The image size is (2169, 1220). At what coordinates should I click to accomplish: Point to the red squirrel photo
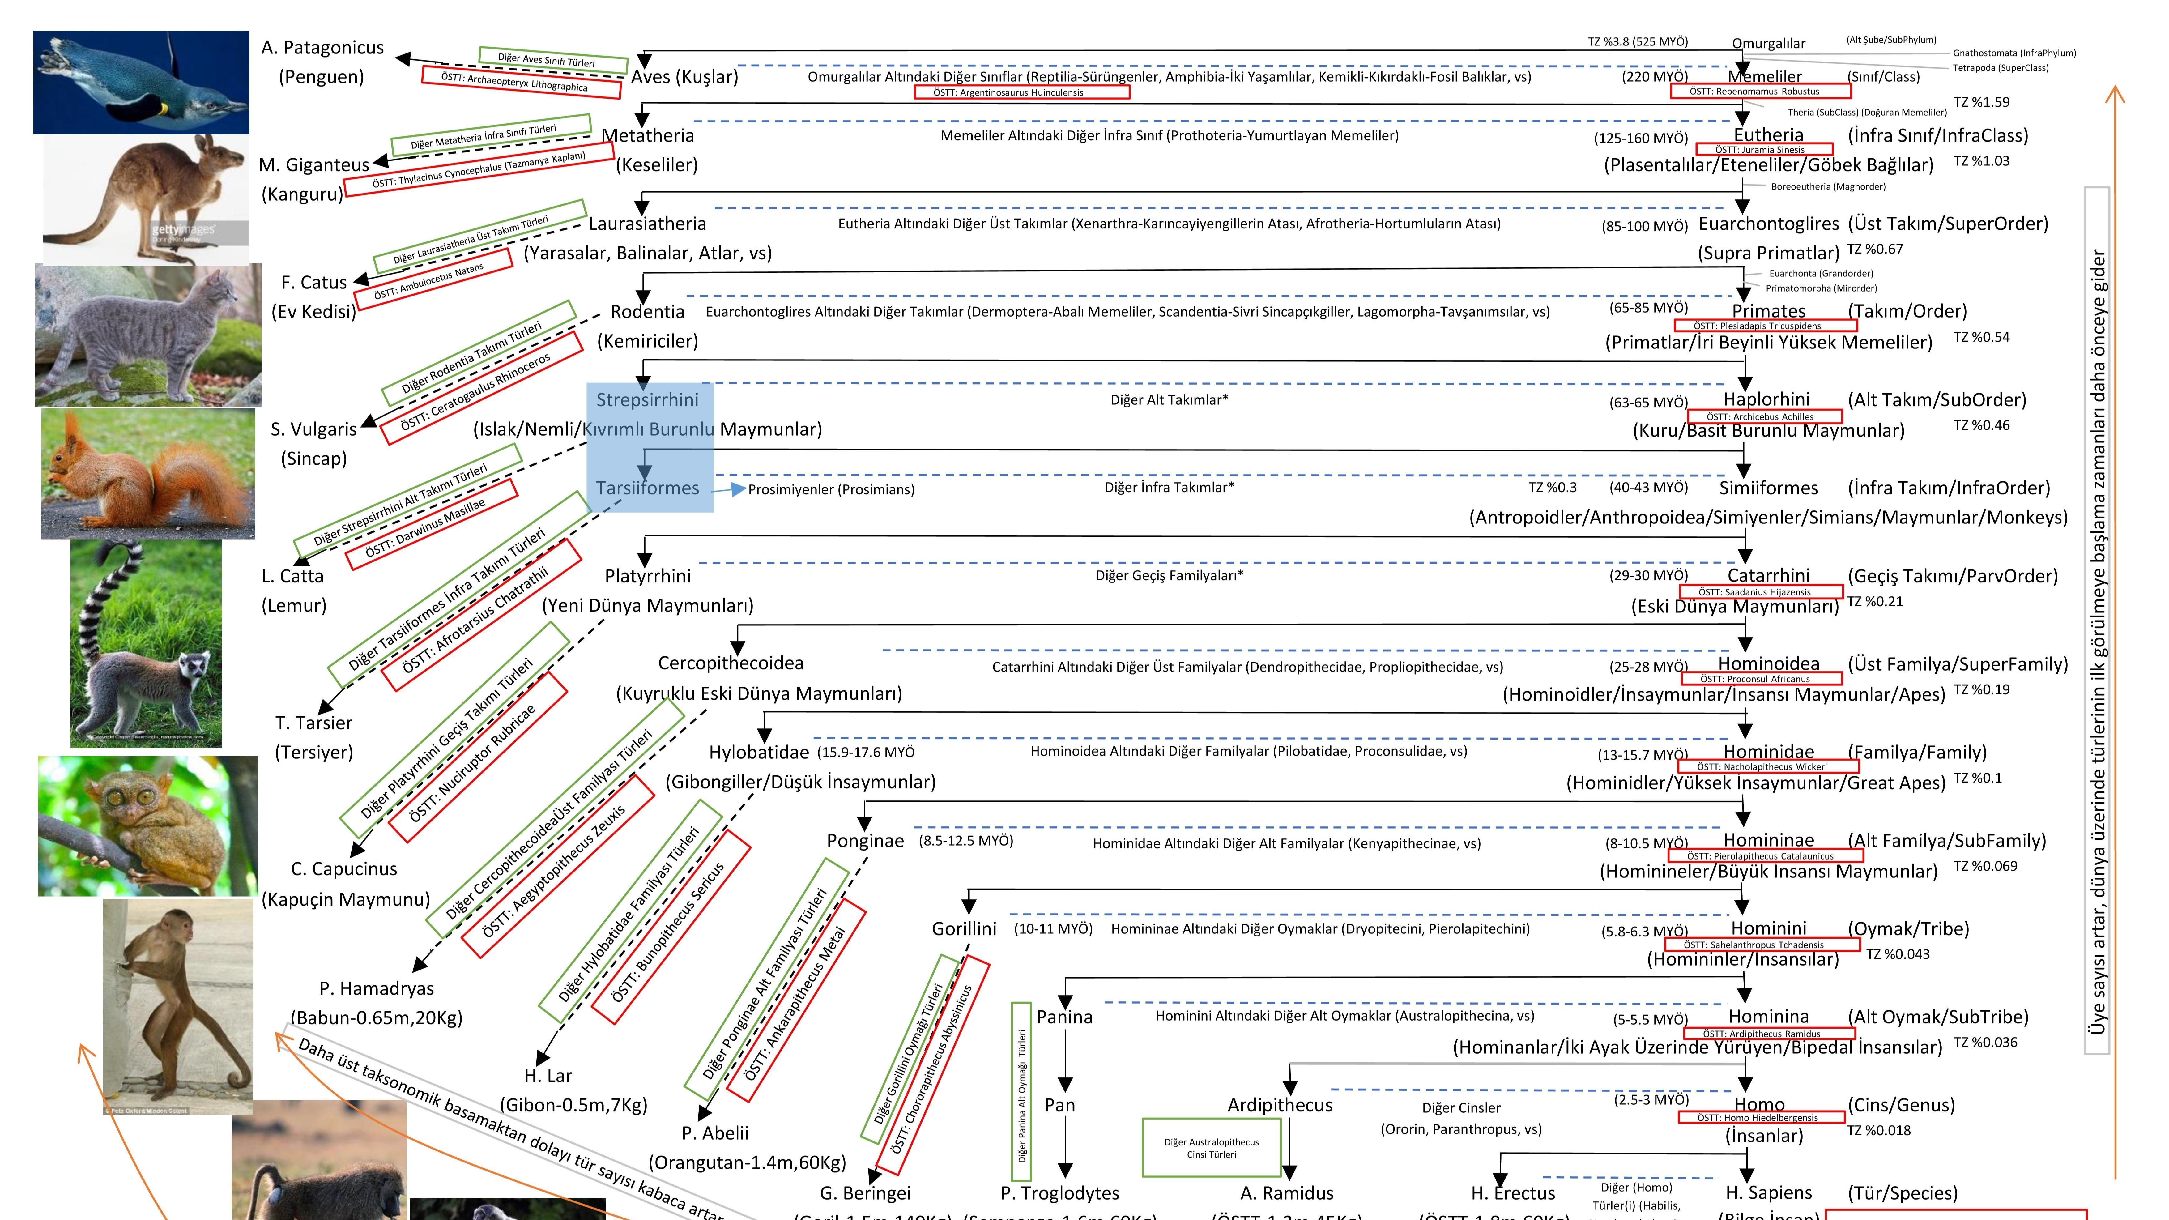point(148,473)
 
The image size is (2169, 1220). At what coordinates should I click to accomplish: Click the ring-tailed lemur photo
point(146,644)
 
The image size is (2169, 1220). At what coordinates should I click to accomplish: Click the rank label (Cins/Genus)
point(1901,1105)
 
